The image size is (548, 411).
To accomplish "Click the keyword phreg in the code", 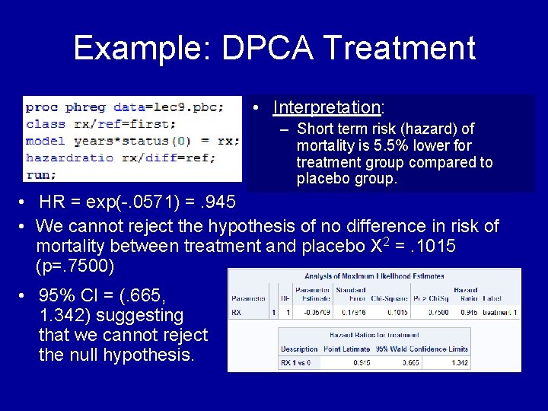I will (84, 107).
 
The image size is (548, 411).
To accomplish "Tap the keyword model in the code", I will (45, 141).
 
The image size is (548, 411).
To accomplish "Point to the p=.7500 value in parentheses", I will (75, 266).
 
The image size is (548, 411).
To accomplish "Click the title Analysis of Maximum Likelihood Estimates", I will (374, 277).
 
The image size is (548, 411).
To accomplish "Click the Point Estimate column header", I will (347, 349).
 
